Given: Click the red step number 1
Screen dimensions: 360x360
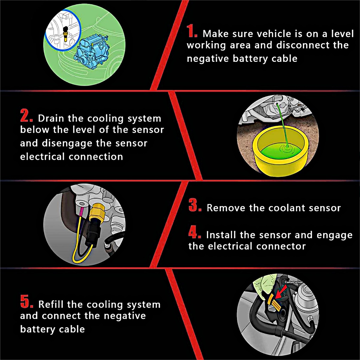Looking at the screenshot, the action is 192,31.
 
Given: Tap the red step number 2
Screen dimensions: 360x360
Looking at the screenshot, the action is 26,115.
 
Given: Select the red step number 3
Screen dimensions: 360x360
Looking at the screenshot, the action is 195,205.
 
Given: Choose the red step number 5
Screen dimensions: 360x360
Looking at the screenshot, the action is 27,301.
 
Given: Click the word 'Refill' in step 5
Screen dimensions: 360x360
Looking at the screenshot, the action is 51,304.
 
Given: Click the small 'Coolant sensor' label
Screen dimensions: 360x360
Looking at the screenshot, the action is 294,282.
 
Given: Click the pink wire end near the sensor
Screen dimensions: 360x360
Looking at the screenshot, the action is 81,212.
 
